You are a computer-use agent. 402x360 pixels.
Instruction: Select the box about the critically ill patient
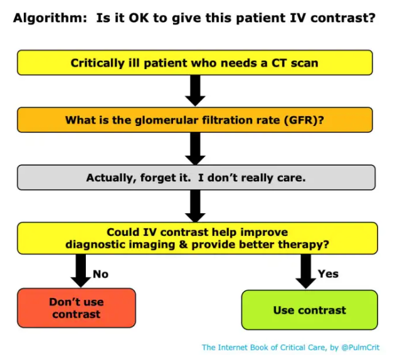point(195,63)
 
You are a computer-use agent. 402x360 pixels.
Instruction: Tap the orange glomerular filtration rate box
point(195,120)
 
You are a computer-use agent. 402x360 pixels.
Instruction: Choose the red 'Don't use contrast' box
point(77,308)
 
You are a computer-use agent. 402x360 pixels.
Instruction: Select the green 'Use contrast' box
point(309,310)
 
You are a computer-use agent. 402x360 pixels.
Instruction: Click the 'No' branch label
point(100,273)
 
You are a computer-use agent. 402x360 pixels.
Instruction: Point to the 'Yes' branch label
point(328,273)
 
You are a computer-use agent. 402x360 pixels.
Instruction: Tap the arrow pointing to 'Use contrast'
point(306,271)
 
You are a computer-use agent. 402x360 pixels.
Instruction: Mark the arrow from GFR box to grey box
point(196,148)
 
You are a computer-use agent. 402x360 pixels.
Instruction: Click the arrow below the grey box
point(196,206)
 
